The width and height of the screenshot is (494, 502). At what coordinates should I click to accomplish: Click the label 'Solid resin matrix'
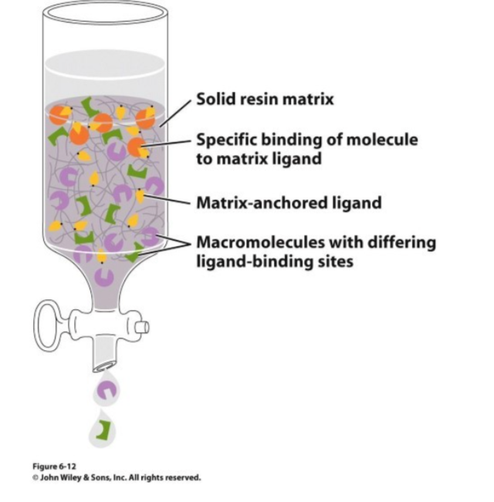point(265,99)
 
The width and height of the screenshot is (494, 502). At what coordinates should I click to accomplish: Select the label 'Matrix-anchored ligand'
point(289,203)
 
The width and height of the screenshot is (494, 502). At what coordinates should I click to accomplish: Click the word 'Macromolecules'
point(261,242)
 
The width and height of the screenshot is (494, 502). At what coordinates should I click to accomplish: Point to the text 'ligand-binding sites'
point(275,261)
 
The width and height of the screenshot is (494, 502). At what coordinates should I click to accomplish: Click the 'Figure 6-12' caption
point(54,466)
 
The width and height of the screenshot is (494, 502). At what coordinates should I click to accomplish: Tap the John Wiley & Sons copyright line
point(117,477)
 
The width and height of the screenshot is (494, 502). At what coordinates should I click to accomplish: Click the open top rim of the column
point(105,12)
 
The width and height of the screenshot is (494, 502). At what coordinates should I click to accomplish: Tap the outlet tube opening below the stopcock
point(104,367)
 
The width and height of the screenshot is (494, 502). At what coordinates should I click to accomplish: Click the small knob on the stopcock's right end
point(142,327)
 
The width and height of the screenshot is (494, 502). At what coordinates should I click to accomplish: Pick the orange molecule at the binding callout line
point(137,147)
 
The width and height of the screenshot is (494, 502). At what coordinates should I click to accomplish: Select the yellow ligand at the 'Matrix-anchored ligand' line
point(140,196)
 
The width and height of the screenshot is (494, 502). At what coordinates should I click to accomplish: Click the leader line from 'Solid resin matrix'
point(175,113)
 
